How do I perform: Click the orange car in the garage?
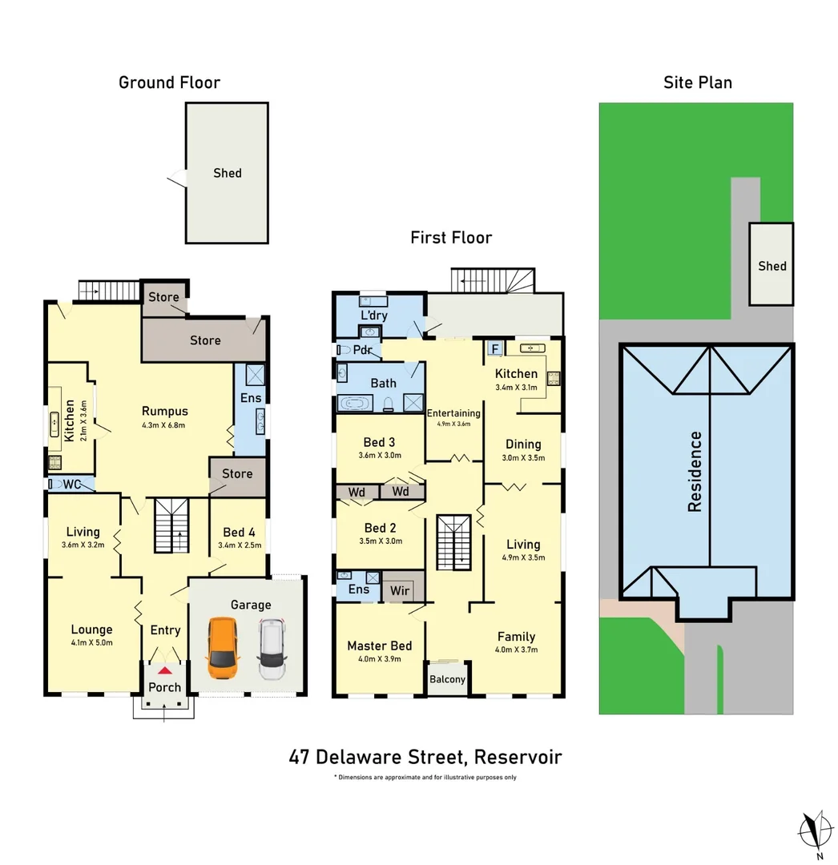[x=223, y=647]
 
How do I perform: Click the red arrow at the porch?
[x=165, y=670]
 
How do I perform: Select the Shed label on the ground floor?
[x=227, y=173]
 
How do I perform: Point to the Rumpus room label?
[x=164, y=412]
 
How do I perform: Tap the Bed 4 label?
[x=240, y=533]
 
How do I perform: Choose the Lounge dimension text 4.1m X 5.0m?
[x=91, y=642]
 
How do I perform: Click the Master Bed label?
[x=379, y=646]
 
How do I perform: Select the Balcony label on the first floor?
[x=447, y=679]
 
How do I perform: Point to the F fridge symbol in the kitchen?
[x=494, y=349]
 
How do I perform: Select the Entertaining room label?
[x=453, y=413]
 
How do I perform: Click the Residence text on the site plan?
[x=695, y=472]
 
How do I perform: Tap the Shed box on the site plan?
[x=772, y=264]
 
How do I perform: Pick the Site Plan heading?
[x=697, y=82]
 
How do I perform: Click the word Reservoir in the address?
[x=518, y=757]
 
